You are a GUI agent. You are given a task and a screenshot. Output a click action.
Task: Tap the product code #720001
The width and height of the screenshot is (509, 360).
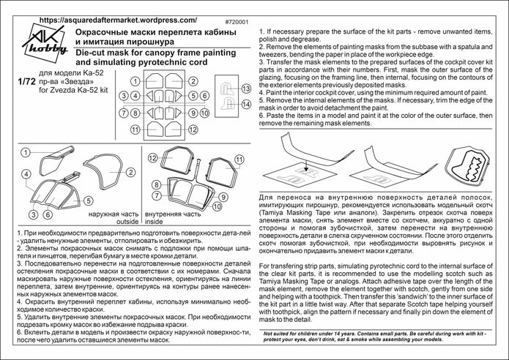tap(232, 21)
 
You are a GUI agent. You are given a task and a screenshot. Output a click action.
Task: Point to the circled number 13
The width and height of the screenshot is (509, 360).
tap(245, 89)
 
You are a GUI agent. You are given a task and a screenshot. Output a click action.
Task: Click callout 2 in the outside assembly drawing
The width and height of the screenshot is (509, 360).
tap(129, 173)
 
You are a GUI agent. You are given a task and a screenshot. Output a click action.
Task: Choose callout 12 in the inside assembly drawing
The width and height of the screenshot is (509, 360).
tap(153, 157)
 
